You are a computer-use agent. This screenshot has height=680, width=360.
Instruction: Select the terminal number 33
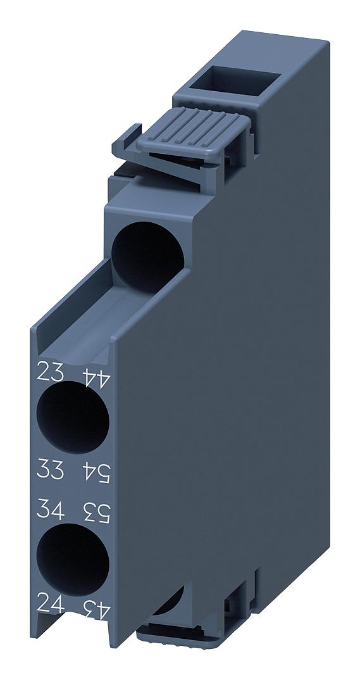coord(51,470)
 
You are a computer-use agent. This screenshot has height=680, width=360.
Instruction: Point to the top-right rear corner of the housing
coord(328,41)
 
